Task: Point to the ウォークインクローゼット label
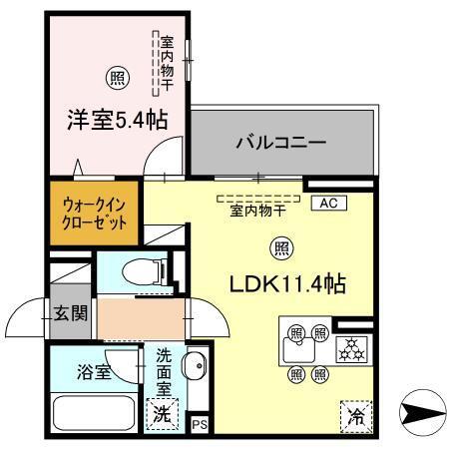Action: click(95, 212)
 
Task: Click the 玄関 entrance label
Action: click(72, 312)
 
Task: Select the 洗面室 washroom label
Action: click(167, 369)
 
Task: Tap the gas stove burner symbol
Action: click(351, 347)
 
